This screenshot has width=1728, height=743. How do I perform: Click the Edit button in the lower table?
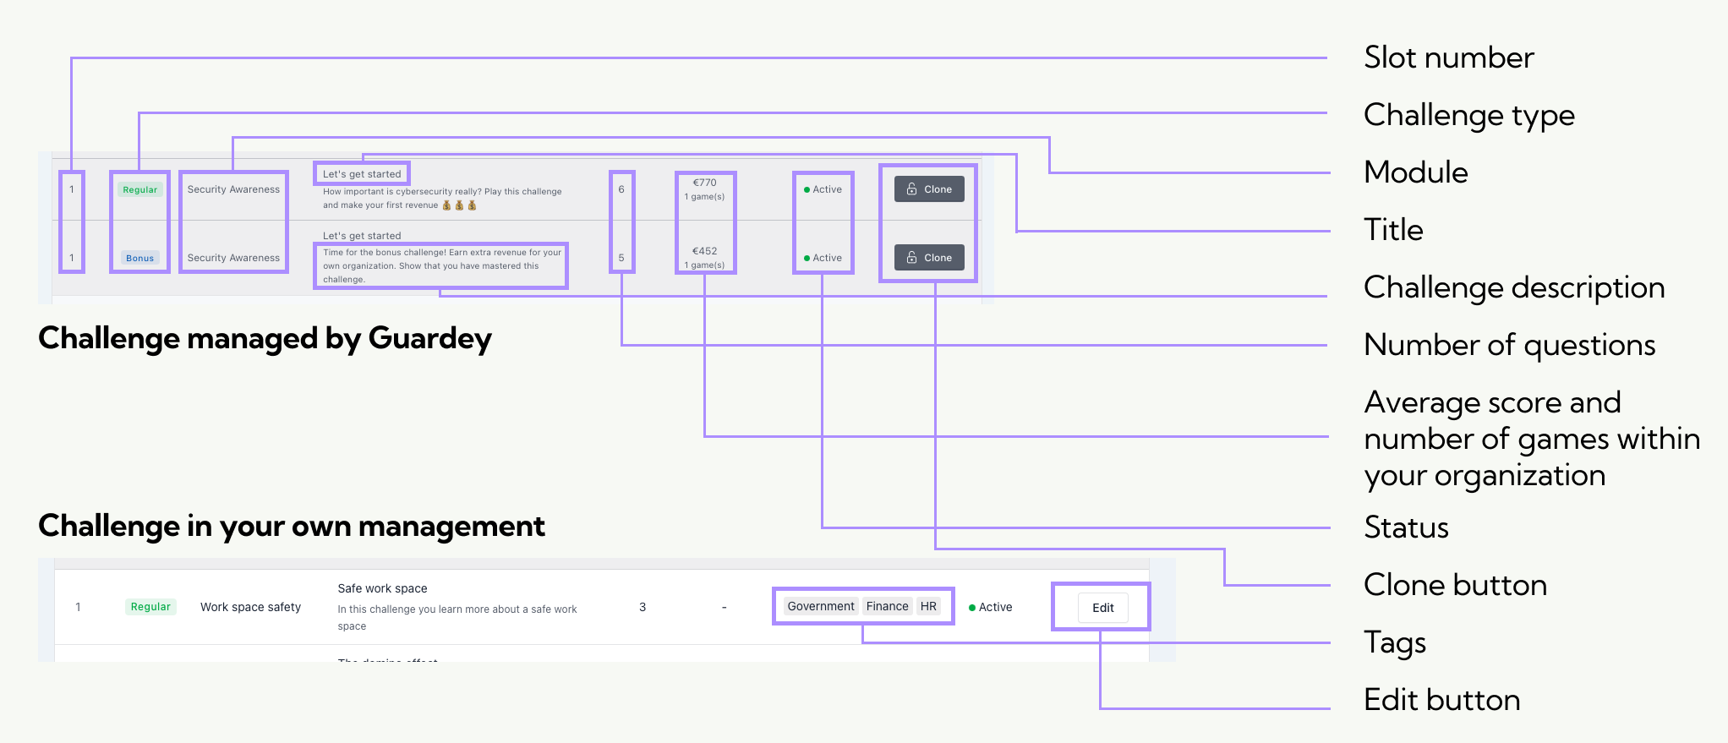[x=1102, y=608]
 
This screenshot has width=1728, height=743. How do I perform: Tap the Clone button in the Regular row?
[x=929, y=189]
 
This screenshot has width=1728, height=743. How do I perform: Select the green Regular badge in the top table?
[x=139, y=190]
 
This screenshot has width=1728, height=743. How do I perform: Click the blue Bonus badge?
[x=139, y=259]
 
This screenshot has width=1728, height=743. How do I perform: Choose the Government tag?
[x=820, y=606]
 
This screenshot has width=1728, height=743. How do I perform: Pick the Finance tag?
[x=887, y=606]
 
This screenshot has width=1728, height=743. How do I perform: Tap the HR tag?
[x=928, y=606]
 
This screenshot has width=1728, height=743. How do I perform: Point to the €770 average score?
[x=704, y=183]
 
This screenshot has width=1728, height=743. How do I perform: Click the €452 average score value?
[x=704, y=251]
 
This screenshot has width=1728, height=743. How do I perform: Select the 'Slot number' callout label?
[x=1448, y=57]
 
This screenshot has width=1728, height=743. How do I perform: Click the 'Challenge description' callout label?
[x=1513, y=287]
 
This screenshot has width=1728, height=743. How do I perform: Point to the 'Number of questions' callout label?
[x=1509, y=345]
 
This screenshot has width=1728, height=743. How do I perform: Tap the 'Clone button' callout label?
[x=1455, y=585]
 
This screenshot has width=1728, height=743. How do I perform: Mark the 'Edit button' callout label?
[x=1441, y=700]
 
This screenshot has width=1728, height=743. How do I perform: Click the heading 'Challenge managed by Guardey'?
[x=265, y=338]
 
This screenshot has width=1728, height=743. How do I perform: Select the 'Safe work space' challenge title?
[x=382, y=588]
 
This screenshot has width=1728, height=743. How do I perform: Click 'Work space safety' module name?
[x=250, y=607]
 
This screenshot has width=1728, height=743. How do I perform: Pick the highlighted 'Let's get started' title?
[x=362, y=174]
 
